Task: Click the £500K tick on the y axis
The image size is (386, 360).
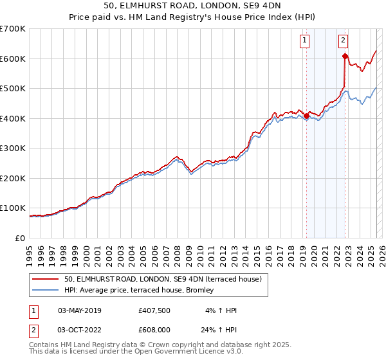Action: pyautogui.click(x=13, y=88)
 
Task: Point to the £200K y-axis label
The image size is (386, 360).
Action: pyautogui.click(x=13, y=178)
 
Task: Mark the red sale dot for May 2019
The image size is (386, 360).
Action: pyautogui.click(x=306, y=116)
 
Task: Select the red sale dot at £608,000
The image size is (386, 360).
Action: pyautogui.click(x=345, y=57)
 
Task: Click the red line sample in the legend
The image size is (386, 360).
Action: pyautogui.click(x=46, y=280)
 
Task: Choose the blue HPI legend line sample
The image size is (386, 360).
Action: pyautogui.click(x=46, y=291)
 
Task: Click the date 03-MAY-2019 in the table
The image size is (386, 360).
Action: pyautogui.click(x=80, y=310)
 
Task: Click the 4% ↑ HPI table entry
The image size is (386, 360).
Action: pyautogui.click(x=220, y=310)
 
